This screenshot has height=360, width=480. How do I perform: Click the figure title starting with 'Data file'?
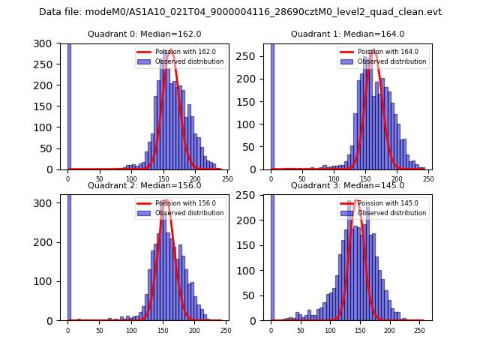[x=240, y=12]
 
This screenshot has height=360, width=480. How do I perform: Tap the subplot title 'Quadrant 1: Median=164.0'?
[x=347, y=34]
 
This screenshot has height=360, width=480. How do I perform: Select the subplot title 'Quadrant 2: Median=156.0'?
[x=144, y=185]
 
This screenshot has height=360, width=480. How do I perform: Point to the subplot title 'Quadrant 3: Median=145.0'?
[x=347, y=185]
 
